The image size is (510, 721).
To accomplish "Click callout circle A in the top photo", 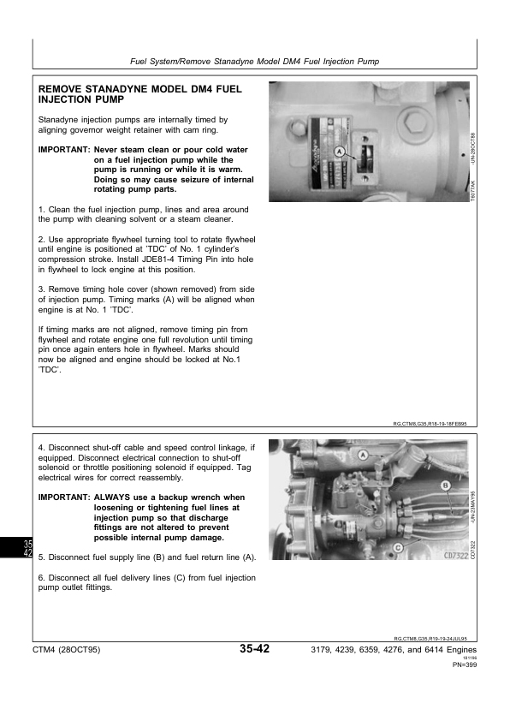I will click(x=340, y=152).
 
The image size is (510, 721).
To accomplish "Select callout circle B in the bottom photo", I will click(x=445, y=486).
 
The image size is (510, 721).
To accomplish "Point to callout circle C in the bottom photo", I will click(x=399, y=545).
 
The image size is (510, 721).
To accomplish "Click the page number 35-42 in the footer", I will click(x=255, y=650).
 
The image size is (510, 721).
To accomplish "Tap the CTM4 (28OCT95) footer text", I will click(x=66, y=651).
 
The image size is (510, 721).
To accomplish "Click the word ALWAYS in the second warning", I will click(x=112, y=498).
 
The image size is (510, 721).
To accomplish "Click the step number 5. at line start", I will click(x=43, y=557).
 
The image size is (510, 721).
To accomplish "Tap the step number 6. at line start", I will click(x=43, y=578).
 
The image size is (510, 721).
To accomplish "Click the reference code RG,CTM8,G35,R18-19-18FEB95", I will click(x=429, y=423).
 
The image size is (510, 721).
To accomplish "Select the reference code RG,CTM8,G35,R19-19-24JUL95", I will click(x=435, y=638).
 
